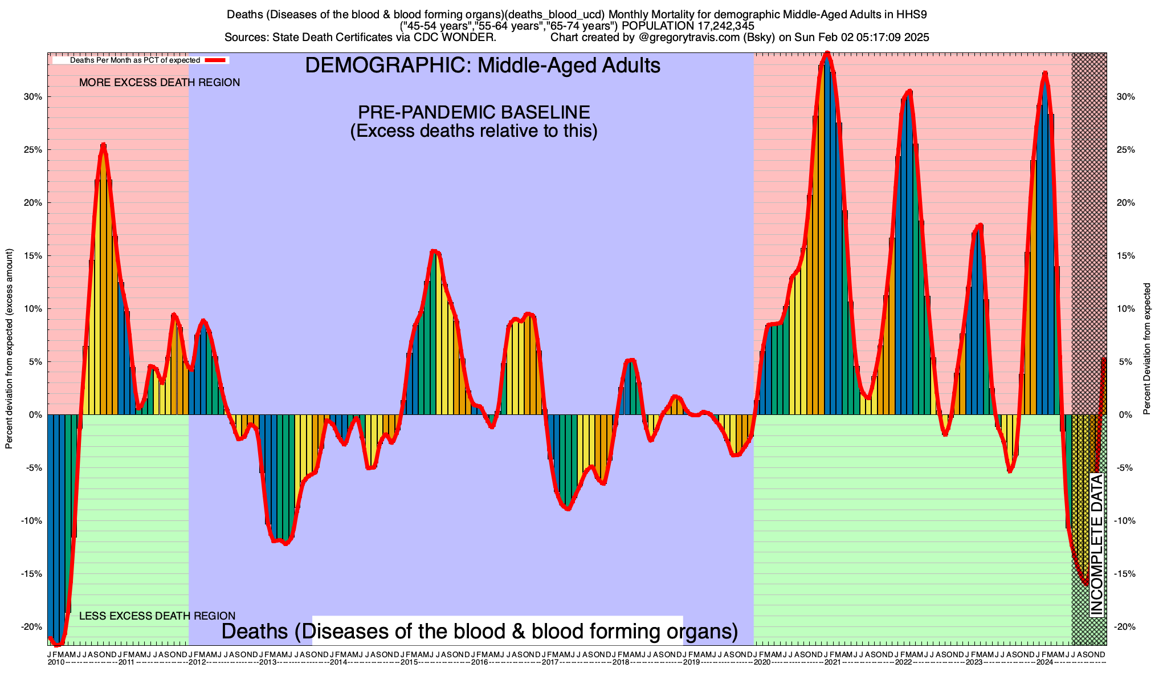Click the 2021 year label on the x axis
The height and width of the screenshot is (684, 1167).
(833, 662)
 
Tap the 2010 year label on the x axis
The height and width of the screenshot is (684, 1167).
(56, 662)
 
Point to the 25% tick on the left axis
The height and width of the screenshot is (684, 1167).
(32, 150)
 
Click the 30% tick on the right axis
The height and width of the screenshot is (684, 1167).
(1125, 97)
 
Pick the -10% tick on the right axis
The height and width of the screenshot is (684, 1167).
(1124, 521)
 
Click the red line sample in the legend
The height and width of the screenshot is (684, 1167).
(217, 60)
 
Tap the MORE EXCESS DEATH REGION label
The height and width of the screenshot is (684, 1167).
(160, 83)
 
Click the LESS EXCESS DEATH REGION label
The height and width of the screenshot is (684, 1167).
(157, 616)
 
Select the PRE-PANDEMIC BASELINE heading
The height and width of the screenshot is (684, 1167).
(474, 112)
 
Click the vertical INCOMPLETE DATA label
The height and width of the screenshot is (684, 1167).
(1097, 545)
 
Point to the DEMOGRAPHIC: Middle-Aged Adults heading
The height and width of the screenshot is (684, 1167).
(483, 66)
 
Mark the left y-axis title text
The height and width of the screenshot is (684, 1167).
(9, 349)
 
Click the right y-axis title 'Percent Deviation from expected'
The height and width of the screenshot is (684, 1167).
(1147, 349)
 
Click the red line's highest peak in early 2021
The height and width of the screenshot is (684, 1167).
(827, 54)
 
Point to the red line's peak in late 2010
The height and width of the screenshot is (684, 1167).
(103, 145)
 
